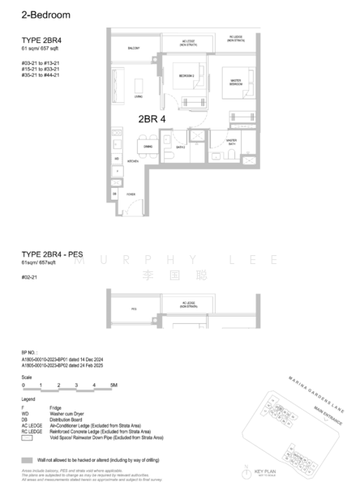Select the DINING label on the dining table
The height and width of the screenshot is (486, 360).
148,146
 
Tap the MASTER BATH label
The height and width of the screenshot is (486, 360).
232,141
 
